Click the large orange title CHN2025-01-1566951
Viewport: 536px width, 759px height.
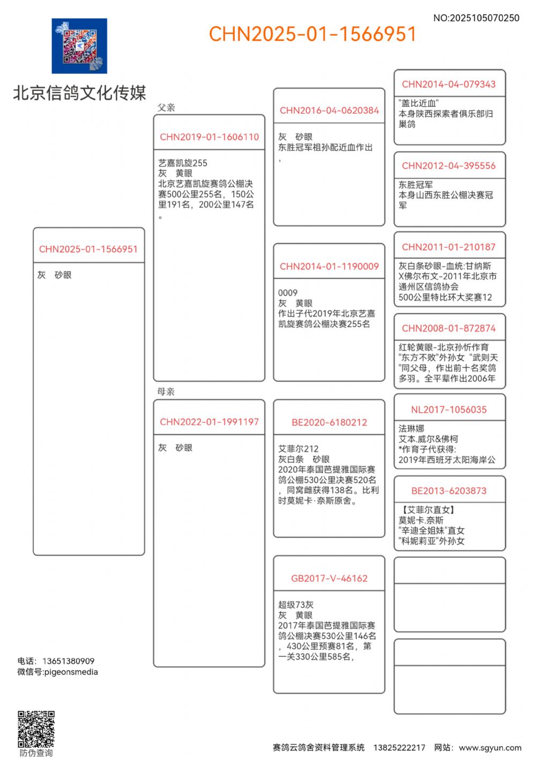(x=312, y=34)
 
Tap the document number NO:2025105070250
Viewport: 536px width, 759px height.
(x=476, y=18)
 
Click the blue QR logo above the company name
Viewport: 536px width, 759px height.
(x=79, y=46)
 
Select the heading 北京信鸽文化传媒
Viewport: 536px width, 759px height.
(x=79, y=93)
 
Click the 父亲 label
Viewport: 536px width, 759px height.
(x=166, y=107)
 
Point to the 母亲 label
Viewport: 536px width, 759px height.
(x=166, y=391)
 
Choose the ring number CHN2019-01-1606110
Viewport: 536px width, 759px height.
(x=209, y=137)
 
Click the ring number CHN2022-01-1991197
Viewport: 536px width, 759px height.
(x=209, y=422)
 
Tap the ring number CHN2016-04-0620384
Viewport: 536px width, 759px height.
(x=329, y=111)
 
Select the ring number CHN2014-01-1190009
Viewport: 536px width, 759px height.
(x=329, y=266)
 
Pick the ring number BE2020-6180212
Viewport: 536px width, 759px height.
(x=329, y=422)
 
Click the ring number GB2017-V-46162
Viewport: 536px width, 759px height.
(x=329, y=578)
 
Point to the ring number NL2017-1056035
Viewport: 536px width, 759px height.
(x=449, y=410)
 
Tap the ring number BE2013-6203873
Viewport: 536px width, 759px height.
(x=449, y=491)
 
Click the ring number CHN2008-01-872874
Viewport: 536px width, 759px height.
(x=449, y=328)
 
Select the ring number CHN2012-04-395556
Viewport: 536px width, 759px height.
(x=449, y=166)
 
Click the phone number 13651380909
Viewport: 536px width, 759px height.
(x=68, y=661)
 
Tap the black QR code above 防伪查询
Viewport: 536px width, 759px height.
(x=36, y=729)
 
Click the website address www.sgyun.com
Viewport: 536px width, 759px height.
(x=490, y=747)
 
